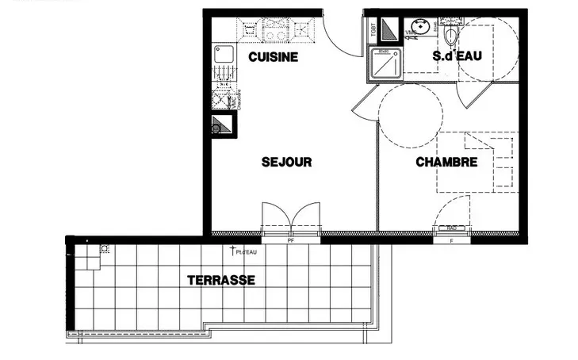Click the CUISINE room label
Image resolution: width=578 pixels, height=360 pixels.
(x=273, y=57)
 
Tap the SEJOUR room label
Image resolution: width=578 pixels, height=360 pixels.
(x=286, y=162)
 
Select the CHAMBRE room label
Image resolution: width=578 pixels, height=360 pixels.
(x=447, y=163)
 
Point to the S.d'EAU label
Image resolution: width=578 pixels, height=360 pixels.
(x=457, y=57)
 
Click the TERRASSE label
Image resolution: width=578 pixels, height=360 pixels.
(x=220, y=280)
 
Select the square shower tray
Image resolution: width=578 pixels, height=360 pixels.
(x=384, y=66)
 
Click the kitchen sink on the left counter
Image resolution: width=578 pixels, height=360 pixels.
(x=223, y=55)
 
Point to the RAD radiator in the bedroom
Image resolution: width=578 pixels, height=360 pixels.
(x=451, y=228)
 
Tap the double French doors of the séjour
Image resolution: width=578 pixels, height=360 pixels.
(x=291, y=218)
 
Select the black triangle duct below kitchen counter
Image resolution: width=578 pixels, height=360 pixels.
(x=220, y=125)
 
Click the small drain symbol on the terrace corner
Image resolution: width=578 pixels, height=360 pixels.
(x=105, y=248)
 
